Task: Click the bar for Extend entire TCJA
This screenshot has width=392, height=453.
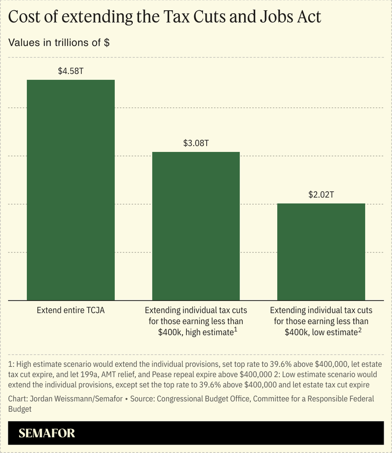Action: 71,190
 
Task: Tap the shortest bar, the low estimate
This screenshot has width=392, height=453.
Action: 321,252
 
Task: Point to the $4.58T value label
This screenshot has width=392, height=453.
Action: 71,72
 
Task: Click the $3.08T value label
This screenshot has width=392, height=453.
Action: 196,144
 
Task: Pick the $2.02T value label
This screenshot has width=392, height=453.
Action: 321,195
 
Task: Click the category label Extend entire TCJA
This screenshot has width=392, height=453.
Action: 71,311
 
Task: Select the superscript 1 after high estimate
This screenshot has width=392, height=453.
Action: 236,329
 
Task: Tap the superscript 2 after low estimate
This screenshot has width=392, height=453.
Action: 359,329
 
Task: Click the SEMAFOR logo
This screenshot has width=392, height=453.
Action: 47,433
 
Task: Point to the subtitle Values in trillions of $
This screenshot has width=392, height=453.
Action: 59,42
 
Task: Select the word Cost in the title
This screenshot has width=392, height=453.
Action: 25,18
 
